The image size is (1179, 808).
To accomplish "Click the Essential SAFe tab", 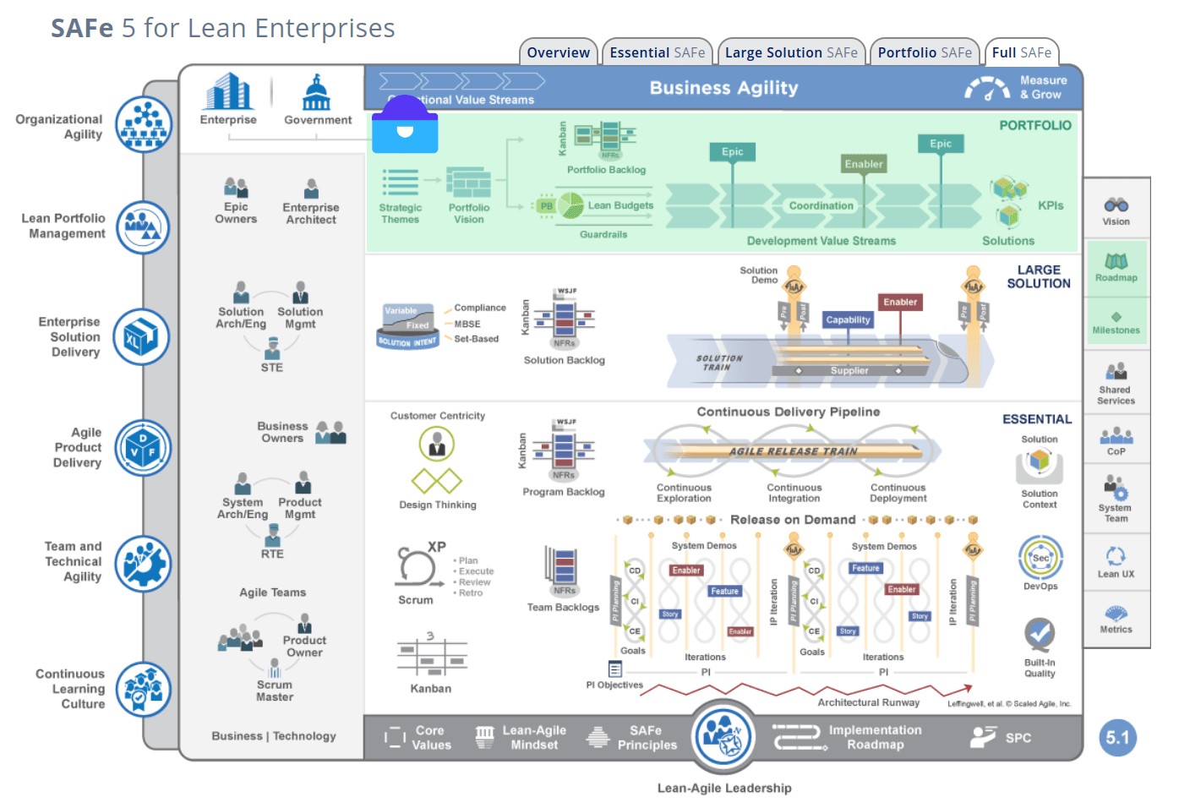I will tap(657, 52).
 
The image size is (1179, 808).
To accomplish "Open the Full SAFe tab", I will tap(1021, 52).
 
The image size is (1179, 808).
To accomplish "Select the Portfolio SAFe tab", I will tap(924, 52).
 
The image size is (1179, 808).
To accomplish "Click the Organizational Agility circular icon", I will tap(144, 124).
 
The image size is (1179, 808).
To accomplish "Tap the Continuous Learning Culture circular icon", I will tap(144, 689).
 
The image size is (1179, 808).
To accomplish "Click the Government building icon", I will tap(317, 93).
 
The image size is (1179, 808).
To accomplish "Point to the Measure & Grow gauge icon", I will tap(987, 88).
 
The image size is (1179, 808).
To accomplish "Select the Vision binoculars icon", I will tap(1116, 205).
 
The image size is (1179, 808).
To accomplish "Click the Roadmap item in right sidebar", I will tap(1116, 268).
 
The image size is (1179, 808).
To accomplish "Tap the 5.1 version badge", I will tap(1117, 738).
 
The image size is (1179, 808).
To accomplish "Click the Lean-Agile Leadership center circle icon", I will tap(724, 736).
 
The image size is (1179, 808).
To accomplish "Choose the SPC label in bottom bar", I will tap(1018, 738).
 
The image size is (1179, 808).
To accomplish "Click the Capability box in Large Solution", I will tap(848, 319).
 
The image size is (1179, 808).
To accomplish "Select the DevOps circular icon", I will tap(1040, 557).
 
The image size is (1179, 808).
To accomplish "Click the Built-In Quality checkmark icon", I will tap(1040, 633).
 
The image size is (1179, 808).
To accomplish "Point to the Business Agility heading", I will tap(723, 88).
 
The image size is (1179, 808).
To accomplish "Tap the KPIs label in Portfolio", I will tap(1051, 205).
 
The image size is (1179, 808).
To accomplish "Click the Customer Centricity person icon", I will tap(437, 444).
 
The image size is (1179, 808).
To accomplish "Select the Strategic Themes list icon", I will tap(401, 182).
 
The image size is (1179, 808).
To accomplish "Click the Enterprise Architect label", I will tap(311, 214).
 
